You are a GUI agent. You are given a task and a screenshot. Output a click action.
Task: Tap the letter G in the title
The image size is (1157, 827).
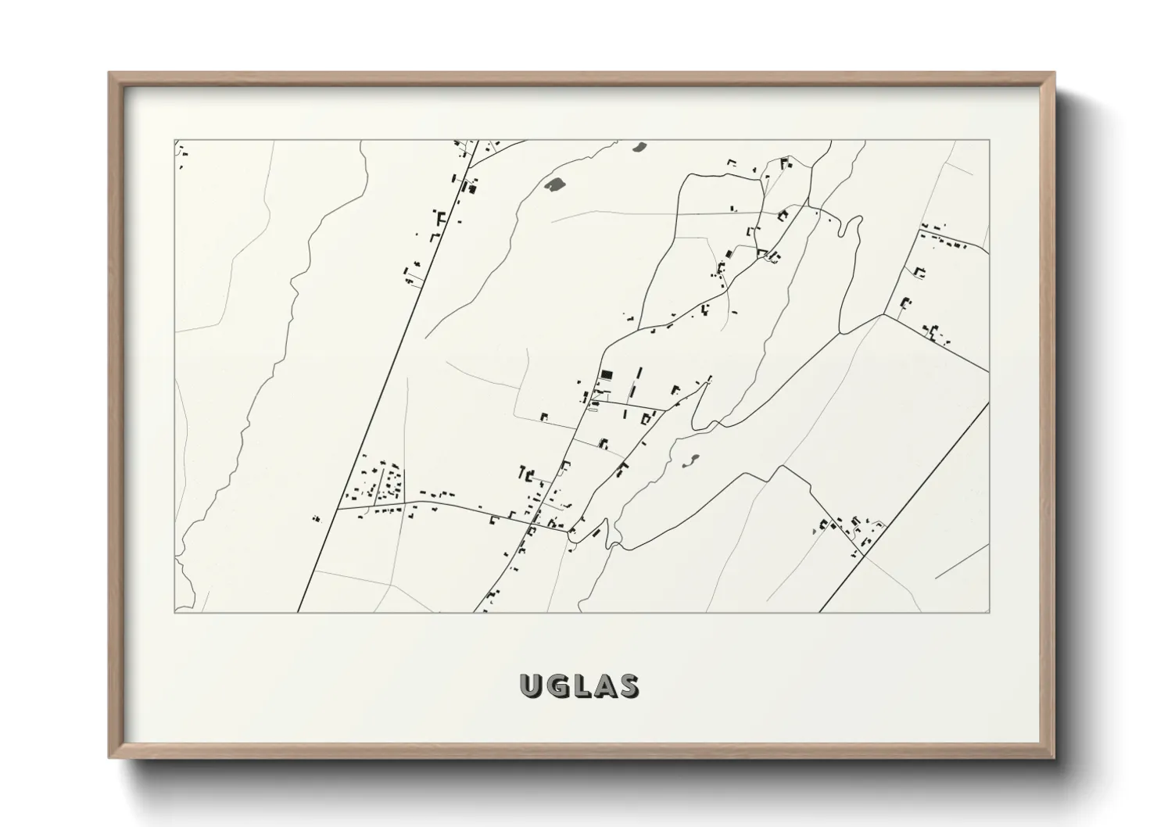(x=557, y=686)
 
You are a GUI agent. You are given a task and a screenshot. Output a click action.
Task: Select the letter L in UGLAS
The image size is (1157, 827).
(x=581, y=686)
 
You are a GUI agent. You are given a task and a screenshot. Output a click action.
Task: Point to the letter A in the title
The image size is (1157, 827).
(x=603, y=686)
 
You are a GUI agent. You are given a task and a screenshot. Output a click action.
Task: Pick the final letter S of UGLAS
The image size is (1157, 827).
(x=627, y=686)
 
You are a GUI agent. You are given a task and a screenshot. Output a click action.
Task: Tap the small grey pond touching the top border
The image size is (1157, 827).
(x=639, y=145)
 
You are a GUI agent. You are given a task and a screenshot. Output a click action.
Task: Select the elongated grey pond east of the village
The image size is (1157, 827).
(x=692, y=460)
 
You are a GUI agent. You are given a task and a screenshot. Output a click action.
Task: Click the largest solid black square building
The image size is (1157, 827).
(x=607, y=374)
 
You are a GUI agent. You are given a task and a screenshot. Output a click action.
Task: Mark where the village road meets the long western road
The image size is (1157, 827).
(x=337, y=508)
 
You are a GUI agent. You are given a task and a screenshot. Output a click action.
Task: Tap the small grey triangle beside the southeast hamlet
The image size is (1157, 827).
(x=814, y=531)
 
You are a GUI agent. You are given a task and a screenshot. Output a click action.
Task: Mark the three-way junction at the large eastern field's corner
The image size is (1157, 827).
(x=883, y=315)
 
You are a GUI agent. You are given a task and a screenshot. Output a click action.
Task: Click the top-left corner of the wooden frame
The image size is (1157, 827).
(x=110, y=73)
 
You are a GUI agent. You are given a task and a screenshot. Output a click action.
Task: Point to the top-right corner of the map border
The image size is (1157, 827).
(x=989, y=140)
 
